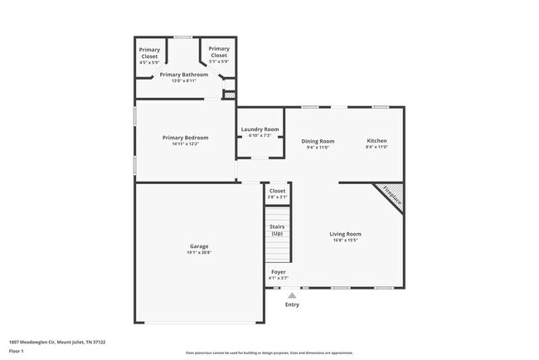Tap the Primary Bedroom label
tap(185, 138)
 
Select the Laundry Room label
tap(260, 129)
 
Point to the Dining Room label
tap(318, 141)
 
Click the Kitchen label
tap(376, 141)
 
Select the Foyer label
tap(279, 272)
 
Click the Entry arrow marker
tap(291, 294)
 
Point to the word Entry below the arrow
tap(292, 304)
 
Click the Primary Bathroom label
tap(184, 75)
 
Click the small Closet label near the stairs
tap(277, 191)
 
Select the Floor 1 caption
tap(17, 351)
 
